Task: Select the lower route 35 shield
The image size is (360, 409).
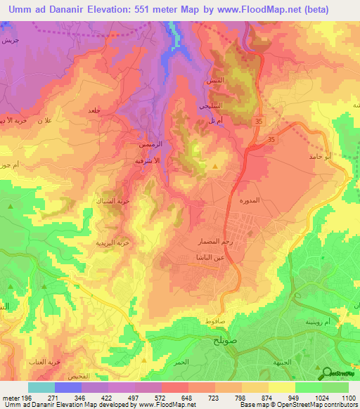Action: click(271, 141)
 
